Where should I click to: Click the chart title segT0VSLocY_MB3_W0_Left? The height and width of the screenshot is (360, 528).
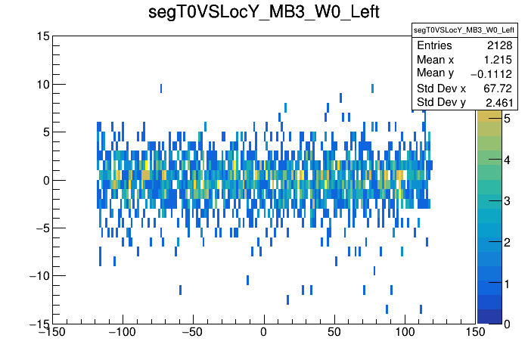pyautogui.click(x=263, y=14)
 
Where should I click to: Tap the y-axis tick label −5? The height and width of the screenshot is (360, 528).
pyautogui.click(x=40, y=228)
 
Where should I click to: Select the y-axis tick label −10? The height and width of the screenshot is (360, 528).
pyautogui.click(x=37, y=275)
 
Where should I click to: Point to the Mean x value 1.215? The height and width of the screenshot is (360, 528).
pyautogui.click(x=498, y=59)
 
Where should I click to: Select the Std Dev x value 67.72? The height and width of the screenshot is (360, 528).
pyautogui.click(x=498, y=88)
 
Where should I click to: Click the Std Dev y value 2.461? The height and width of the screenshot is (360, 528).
pyautogui.click(x=498, y=102)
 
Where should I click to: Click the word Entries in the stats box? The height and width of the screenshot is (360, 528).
pyautogui.click(x=434, y=46)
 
